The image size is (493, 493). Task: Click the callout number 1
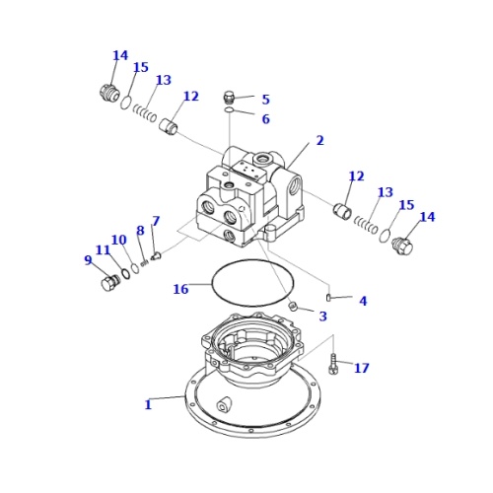148,404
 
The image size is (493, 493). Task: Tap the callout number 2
319,141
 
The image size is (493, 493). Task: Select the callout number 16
180,289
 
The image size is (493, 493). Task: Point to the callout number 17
362,368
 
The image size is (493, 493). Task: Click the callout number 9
88,260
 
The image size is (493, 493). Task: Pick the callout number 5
265,100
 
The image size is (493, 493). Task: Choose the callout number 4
363,301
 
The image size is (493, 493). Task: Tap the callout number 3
322,317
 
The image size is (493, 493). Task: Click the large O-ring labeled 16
252,283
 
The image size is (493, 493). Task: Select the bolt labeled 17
334,364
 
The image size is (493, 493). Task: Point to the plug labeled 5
230,97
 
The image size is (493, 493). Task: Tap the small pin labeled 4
329,296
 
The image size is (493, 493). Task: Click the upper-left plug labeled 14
109,93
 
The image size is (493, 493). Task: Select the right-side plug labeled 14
402,246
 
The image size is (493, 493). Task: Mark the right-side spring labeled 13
366,226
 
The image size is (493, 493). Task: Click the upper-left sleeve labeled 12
169,126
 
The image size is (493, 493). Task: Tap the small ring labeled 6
229,110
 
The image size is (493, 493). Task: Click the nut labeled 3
293,307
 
